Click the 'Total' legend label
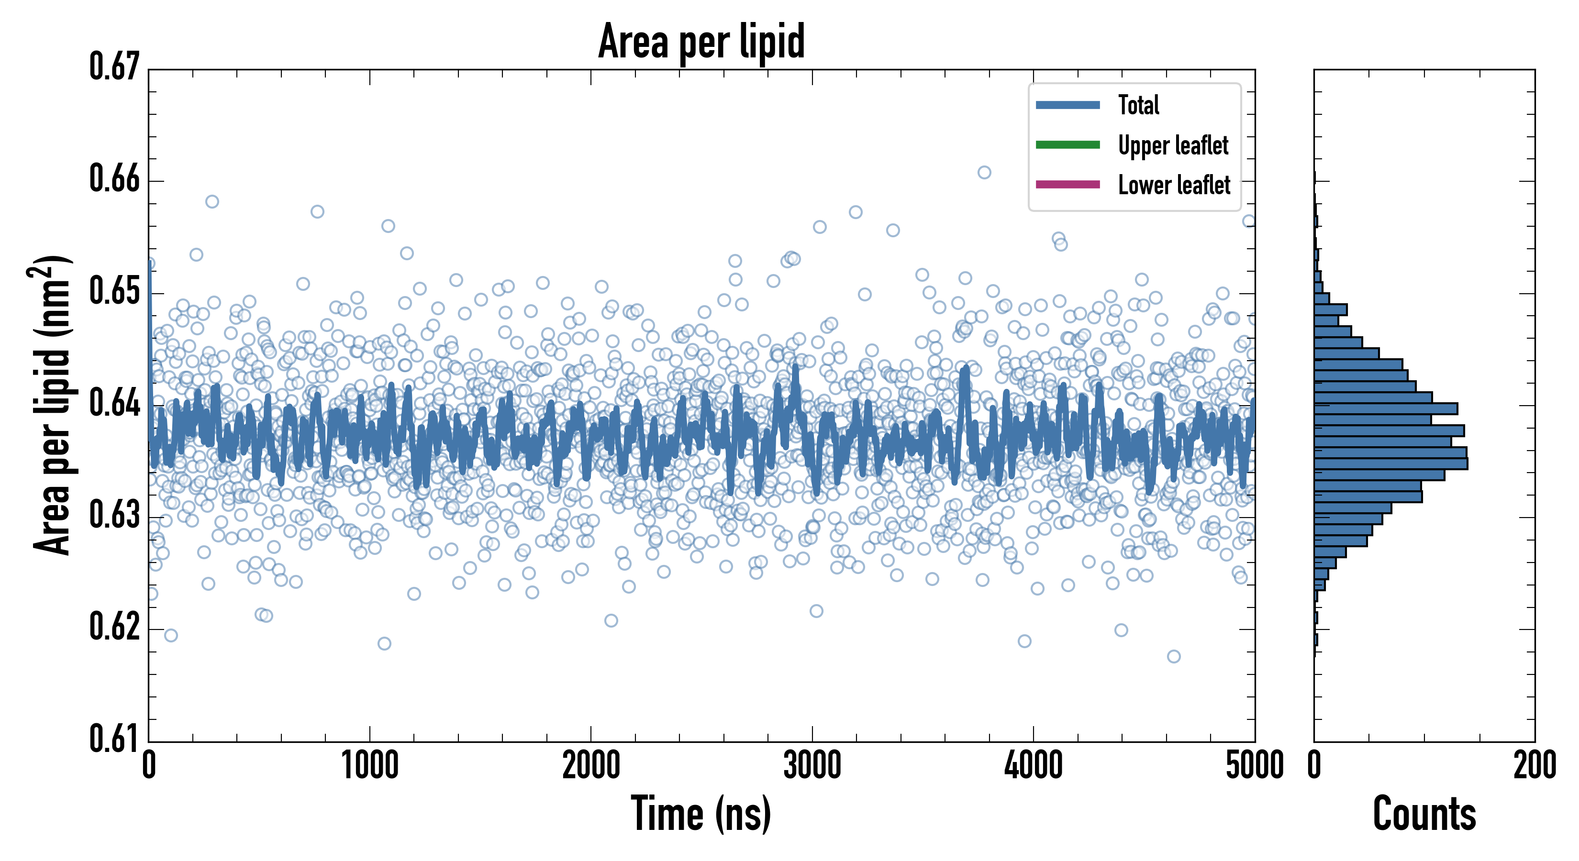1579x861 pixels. coord(1138,105)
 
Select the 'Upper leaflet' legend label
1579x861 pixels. coord(1173,145)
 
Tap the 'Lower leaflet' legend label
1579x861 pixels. coord(1174,185)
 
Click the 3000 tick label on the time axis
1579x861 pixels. coord(812,766)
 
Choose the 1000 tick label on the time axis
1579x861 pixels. coord(369,766)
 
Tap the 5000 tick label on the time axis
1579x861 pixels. coord(1254,766)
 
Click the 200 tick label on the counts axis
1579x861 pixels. coord(1534,766)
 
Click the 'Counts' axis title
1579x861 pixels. coord(1424,814)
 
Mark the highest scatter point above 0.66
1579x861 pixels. coord(984,172)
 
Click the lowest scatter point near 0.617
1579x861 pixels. coord(1173,656)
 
